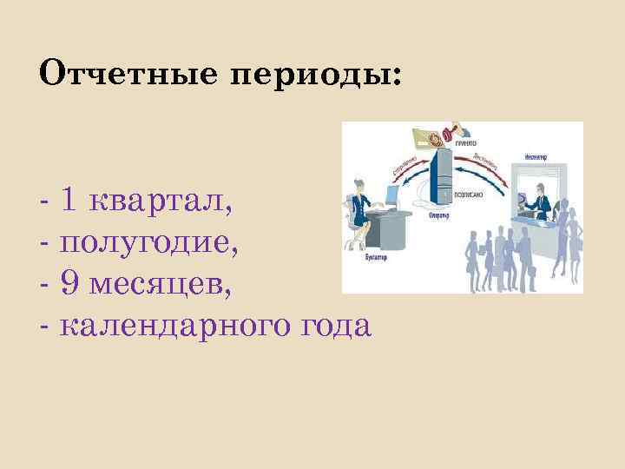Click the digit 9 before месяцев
[x=70, y=284]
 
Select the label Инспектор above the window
[x=535, y=156]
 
